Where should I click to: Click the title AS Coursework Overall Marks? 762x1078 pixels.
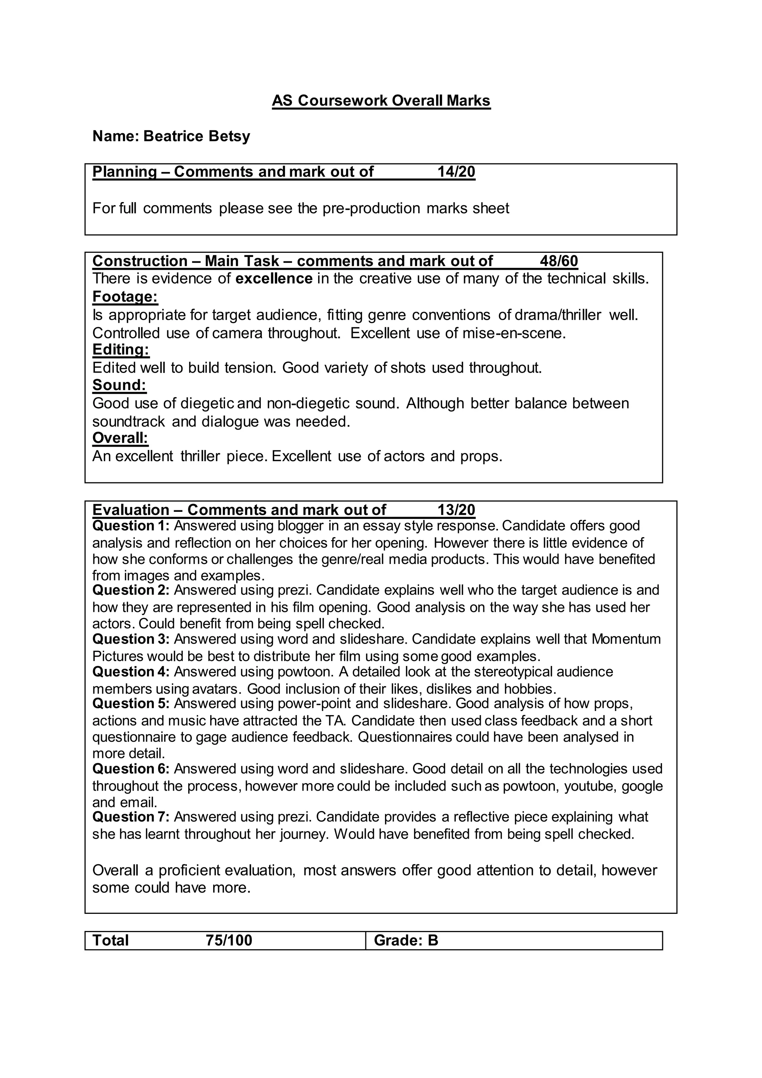pos(381,101)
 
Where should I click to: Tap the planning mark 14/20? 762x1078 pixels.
pos(456,172)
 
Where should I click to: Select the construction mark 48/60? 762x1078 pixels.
pos(558,261)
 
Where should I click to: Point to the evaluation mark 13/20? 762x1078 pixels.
pos(456,510)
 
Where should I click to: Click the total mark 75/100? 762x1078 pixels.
pos(228,940)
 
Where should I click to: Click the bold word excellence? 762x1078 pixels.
pos(273,278)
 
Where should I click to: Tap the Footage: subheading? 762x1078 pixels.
pos(125,297)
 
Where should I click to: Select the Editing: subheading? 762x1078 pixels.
pos(121,350)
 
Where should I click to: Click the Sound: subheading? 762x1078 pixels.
pos(119,385)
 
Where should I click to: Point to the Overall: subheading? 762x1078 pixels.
pos(120,438)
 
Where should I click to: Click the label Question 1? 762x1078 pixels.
pos(131,526)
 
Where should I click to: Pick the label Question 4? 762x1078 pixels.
pos(131,672)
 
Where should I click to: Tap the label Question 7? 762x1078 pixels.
pos(131,817)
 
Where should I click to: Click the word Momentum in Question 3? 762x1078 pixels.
pos(626,640)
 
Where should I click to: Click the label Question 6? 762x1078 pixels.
pos(131,769)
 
